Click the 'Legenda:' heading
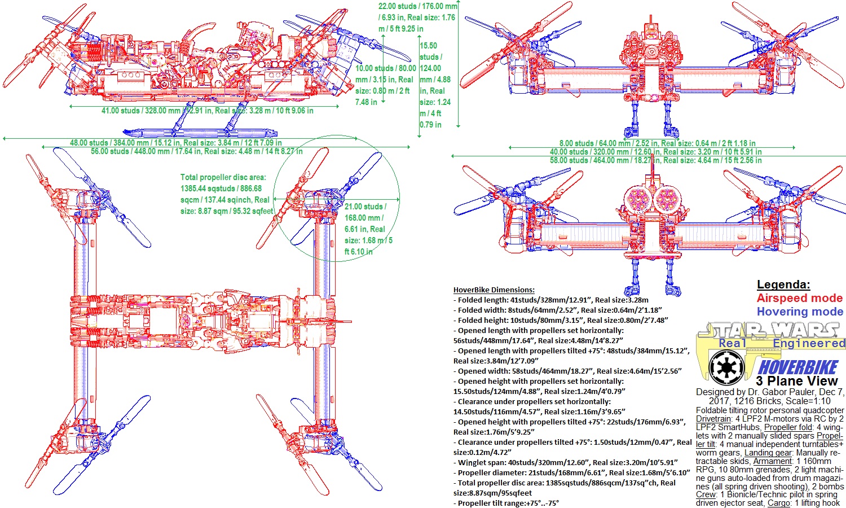pos(783,284)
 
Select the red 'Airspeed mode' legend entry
pos(799,298)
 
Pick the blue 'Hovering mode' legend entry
pos(800,312)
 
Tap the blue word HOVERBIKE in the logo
pos(798,367)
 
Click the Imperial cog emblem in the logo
pos(722,367)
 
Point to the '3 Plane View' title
pos(797,381)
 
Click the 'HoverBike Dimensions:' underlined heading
pos(493,290)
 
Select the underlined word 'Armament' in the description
pos(773,461)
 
